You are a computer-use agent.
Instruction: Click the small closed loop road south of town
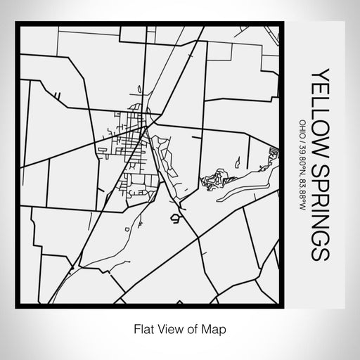[x=174, y=219]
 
